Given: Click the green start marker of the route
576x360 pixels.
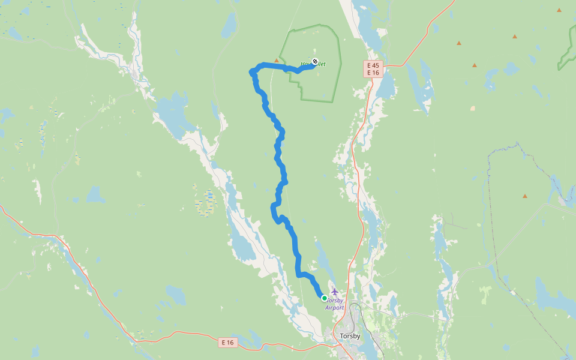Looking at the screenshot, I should pos(325,298).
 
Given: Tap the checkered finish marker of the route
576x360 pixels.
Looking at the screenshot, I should pos(315,61).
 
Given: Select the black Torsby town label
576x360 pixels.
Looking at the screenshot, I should pos(350,336).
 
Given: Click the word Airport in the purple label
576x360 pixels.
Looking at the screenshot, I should pos(335,308).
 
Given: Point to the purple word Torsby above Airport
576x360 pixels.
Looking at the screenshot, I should pos(335,300).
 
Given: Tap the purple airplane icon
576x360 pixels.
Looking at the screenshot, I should pos(335,292).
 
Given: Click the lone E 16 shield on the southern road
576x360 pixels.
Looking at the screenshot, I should pos(227,342).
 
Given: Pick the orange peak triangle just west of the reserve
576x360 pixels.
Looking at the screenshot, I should pos(277,60).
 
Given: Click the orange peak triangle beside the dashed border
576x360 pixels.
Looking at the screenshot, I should pos(525,196).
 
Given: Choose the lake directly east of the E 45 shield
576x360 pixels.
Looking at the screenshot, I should pos(386,84).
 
